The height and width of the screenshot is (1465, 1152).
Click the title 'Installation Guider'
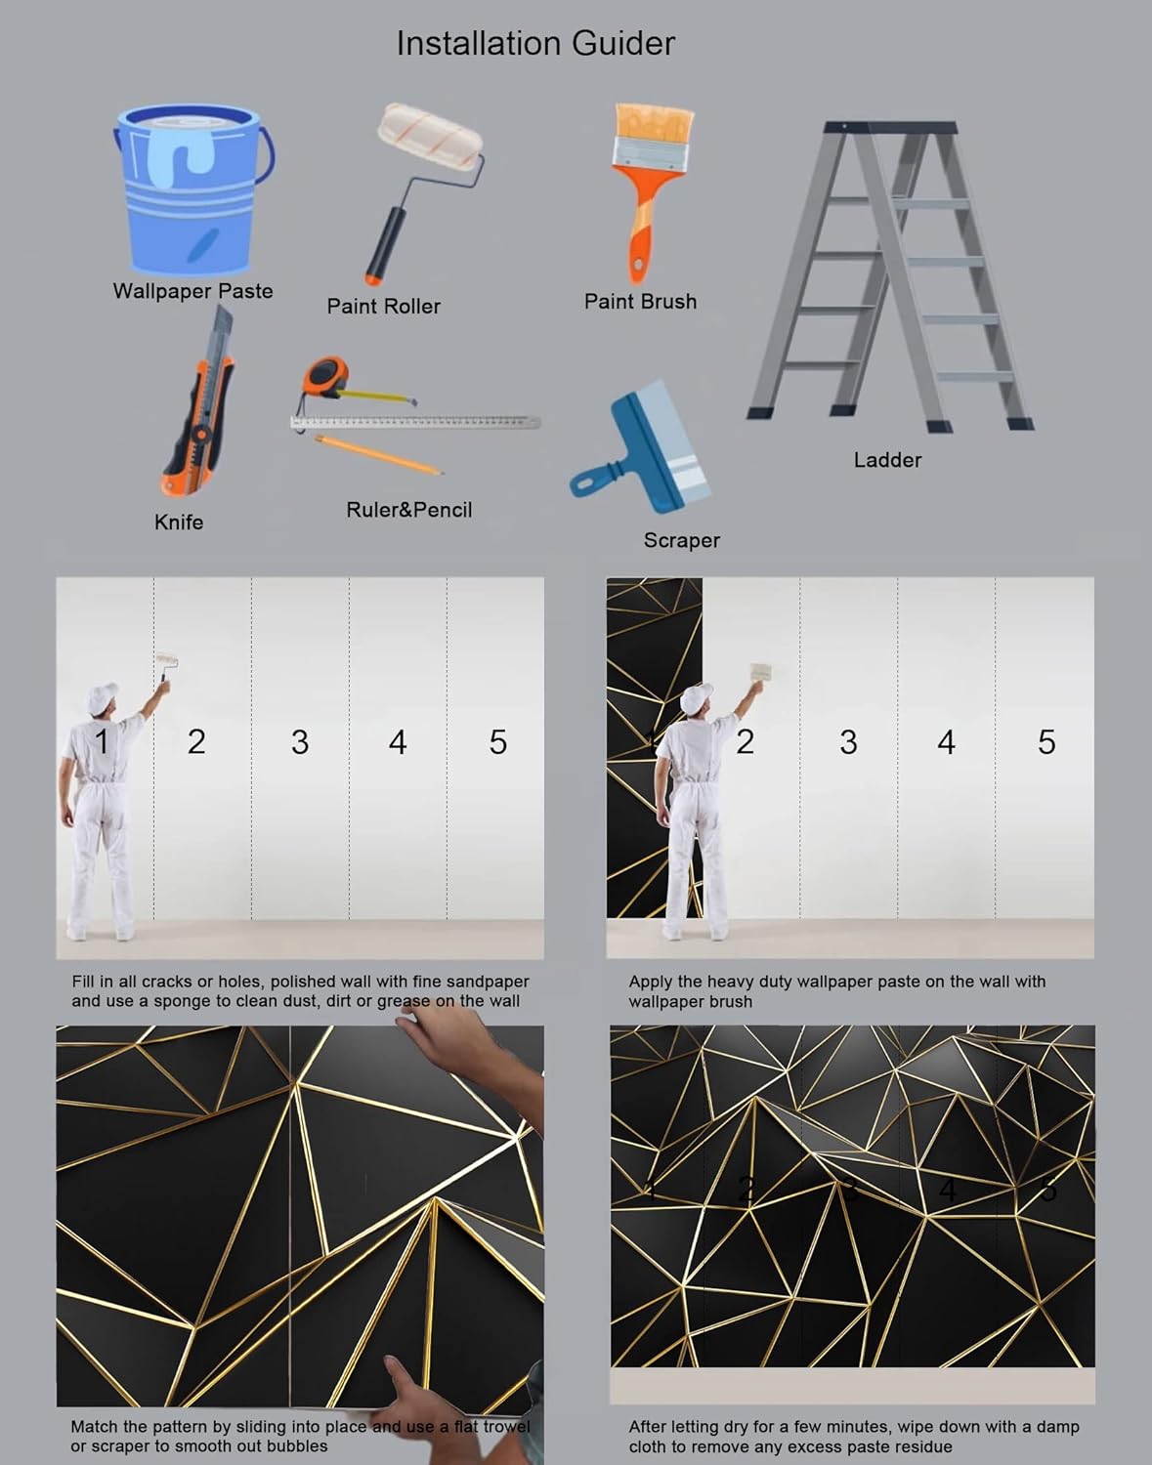tap(534, 43)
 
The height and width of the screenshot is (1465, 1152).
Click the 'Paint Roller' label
tap(383, 306)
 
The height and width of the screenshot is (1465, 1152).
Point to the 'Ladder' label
tap(887, 460)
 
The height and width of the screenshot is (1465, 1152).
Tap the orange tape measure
tap(325, 377)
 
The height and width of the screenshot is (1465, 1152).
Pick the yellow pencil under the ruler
tap(379, 455)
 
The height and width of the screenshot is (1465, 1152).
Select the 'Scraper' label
tap(681, 540)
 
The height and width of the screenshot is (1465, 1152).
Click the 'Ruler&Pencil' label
tap(408, 510)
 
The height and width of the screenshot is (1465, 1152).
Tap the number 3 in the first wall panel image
tap(300, 742)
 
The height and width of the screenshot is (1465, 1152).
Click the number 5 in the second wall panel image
tap(1046, 742)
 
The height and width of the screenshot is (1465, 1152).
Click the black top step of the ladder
tap(890, 127)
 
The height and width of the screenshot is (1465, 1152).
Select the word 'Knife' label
tap(179, 523)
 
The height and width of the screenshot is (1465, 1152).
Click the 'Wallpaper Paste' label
tap(192, 291)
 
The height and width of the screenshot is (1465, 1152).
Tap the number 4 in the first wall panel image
tap(398, 742)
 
